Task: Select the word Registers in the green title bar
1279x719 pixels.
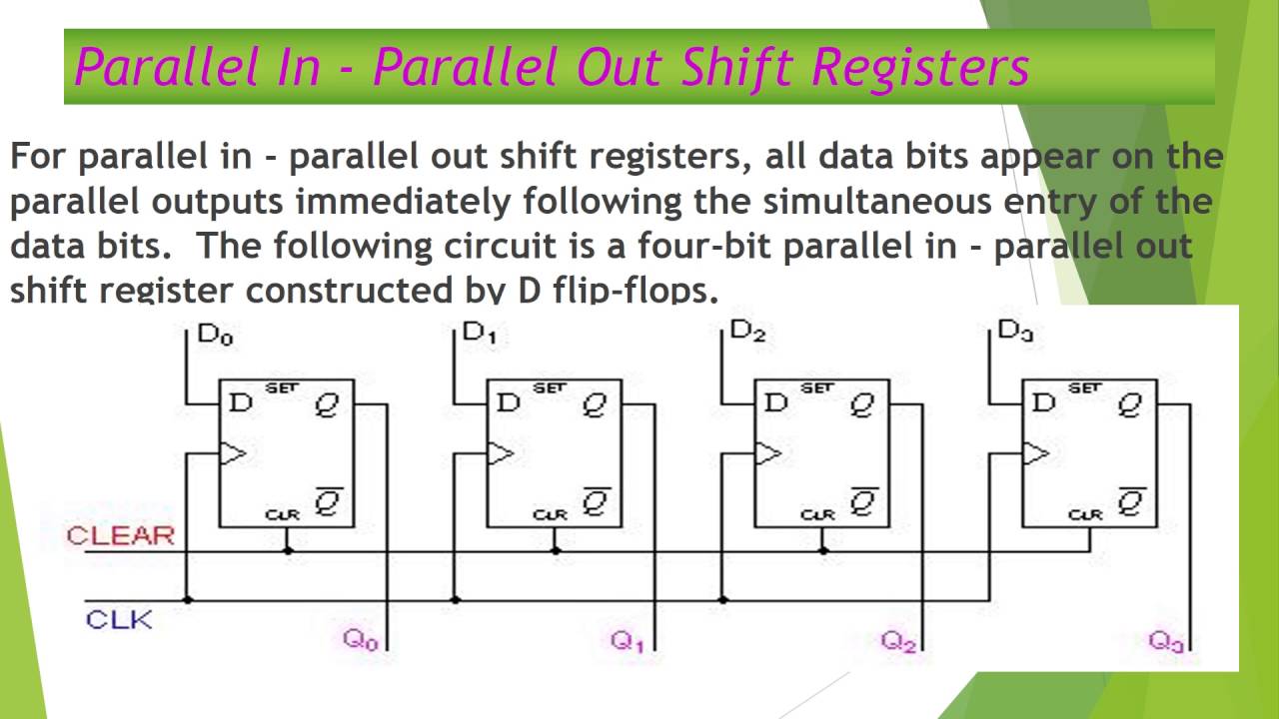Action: tap(920, 67)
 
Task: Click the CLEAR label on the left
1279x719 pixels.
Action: tap(120, 535)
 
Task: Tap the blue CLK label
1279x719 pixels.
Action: tap(119, 619)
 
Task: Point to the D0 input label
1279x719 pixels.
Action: tap(216, 334)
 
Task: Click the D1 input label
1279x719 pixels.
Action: tap(480, 334)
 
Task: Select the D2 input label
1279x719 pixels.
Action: tap(747, 332)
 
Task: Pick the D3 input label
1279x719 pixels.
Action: tap(1015, 332)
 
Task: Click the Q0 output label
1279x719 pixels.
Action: tap(361, 640)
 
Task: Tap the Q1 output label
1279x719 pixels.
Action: tap(628, 641)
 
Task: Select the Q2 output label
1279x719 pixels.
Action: tap(898, 641)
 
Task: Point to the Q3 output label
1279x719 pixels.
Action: tap(1166, 641)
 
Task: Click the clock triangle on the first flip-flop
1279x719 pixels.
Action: tap(232, 454)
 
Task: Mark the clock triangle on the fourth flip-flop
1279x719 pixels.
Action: tap(1035, 454)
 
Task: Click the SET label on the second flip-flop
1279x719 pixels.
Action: tap(550, 388)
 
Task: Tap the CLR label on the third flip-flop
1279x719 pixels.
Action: tap(817, 515)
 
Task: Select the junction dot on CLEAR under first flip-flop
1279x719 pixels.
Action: tap(288, 550)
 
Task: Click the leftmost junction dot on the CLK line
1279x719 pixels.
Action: tap(187, 599)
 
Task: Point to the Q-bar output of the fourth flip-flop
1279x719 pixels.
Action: tap(1131, 501)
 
